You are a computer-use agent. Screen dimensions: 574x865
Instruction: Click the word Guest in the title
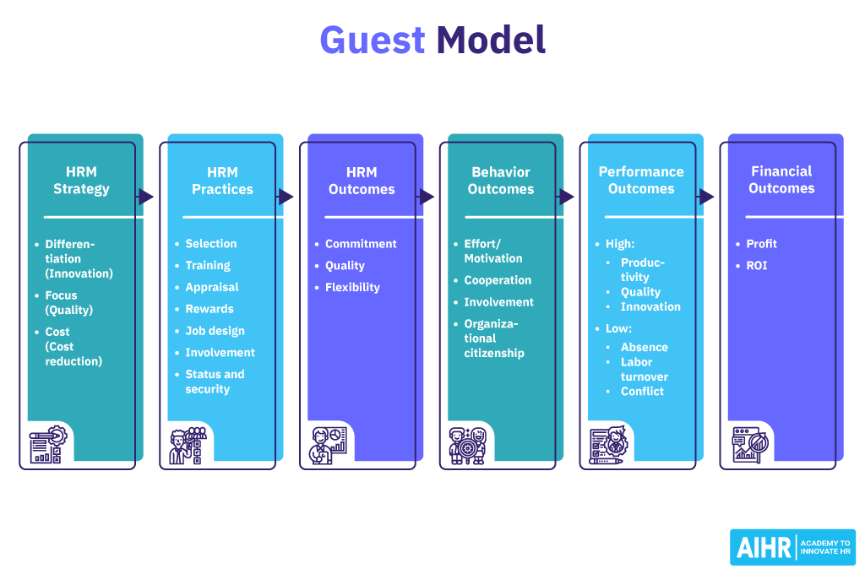(x=372, y=41)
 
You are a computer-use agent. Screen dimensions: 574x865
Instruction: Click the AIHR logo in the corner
(x=792, y=547)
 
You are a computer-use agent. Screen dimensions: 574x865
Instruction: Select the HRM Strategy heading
(x=81, y=181)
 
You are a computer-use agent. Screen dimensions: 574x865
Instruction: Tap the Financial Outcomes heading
(x=781, y=180)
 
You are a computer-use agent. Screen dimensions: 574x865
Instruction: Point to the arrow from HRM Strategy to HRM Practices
(x=146, y=197)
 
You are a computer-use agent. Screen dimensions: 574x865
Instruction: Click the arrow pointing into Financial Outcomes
(x=706, y=197)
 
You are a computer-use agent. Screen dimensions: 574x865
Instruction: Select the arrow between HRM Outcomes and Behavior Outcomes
(x=427, y=197)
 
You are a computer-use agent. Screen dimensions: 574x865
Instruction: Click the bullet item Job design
(x=215, y=331)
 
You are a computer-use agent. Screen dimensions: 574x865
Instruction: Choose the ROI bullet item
(x=756, y=265)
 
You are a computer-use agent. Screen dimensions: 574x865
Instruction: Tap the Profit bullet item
(x=761, y=243)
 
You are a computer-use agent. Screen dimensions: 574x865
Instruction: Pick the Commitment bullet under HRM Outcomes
(x=361, y=243)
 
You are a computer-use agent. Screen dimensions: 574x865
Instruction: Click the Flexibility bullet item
(x=352, y=287)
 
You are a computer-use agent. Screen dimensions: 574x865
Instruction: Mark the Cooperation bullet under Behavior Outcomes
(x=498, y=280)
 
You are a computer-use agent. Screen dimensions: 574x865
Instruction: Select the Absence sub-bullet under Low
(x=644, y=347)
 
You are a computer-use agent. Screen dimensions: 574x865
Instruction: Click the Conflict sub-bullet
(x=642, y=391)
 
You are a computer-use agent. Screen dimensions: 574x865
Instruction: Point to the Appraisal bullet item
(x=212, y=287)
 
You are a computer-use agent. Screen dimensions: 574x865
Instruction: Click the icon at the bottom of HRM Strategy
(x=46, y=444)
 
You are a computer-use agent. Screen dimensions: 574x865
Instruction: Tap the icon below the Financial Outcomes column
(x=748, y=444)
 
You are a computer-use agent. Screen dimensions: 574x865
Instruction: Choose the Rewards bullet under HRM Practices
(x=209, y=309)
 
